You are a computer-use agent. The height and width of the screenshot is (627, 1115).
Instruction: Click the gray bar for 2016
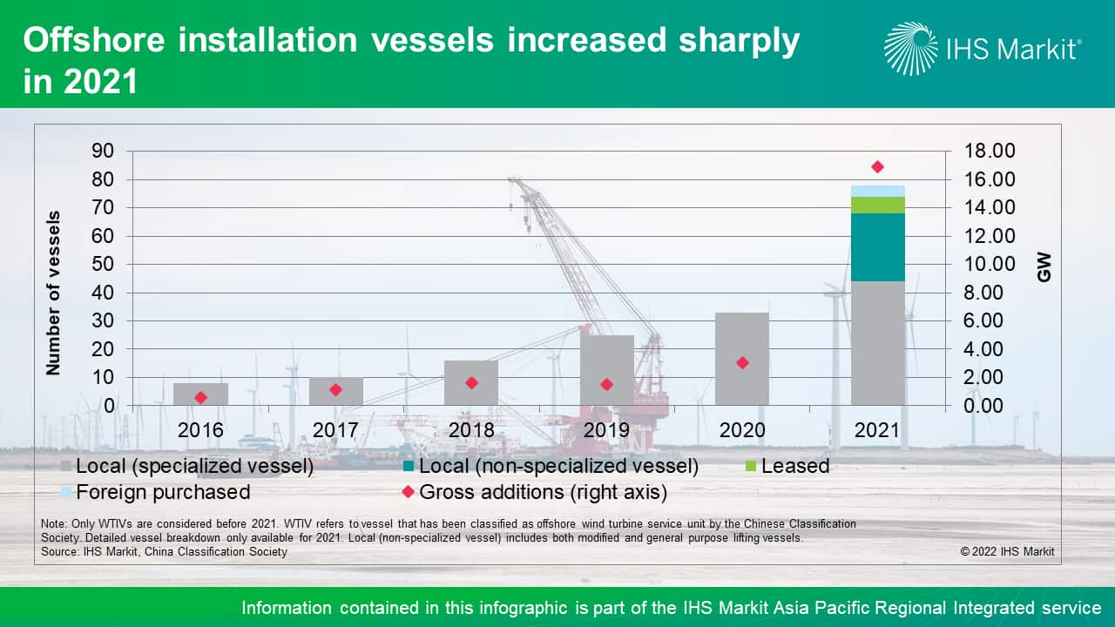pyautogui.click(x=200, y=394)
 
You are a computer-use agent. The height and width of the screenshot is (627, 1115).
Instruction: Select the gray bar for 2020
pyautogui.click(x=742, y=359)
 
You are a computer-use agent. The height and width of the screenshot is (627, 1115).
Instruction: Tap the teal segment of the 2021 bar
pyautogui.click(x=877, y=247)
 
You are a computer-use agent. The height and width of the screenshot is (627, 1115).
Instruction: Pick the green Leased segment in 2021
pyautogui.click(x=877, y=205)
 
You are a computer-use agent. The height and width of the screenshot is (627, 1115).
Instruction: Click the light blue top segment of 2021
pyautogui.click(x=877, y=191)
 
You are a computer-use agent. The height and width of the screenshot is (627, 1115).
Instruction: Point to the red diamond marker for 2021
pyautogui.click(x=877, y=167)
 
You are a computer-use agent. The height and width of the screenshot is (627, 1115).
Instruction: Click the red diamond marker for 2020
pyautogui.click(x=742, y=362)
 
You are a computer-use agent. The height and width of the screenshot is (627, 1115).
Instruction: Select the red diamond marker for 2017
pyautogui.click(x=335, y=390)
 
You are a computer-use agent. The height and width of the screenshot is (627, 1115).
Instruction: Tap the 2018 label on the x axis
pyautogui.click(x=471, y=430)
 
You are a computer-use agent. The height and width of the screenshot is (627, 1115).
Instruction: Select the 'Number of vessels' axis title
pyautogui.click(x=54, y=293)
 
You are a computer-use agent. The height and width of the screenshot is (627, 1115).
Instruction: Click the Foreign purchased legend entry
pyautogui.click(x=162, y=492)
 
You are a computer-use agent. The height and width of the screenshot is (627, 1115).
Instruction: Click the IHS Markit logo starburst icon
pyautogui.click(x=911, y=49)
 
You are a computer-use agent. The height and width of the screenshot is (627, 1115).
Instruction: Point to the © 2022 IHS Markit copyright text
pyautogui.click(x=1007, y=551)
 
